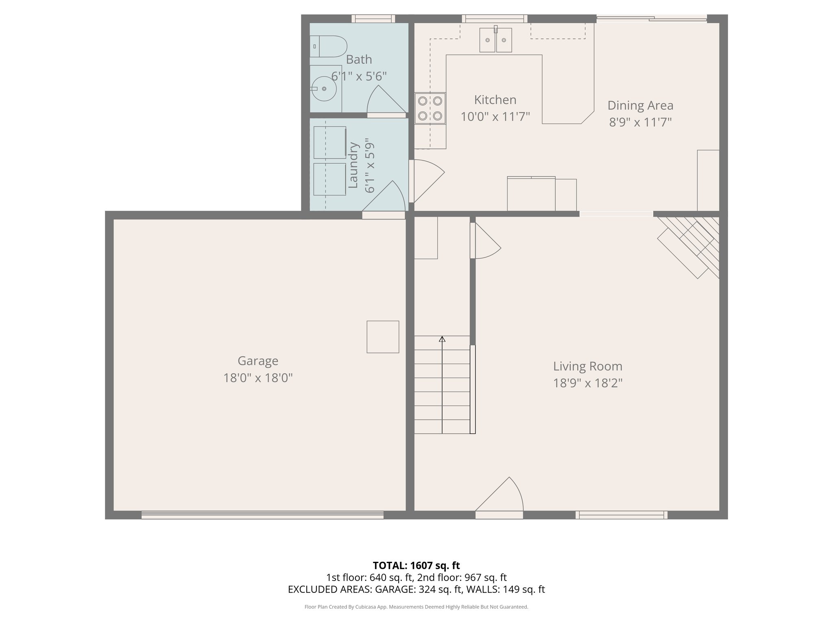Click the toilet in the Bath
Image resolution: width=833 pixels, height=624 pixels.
click(329, 46)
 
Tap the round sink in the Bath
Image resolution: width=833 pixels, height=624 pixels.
click(324, 89)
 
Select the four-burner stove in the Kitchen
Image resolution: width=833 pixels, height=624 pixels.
click(430, 108)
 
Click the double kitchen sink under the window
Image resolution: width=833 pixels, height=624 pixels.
click(495, 40)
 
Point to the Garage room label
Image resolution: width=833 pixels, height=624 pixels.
click(258, 361)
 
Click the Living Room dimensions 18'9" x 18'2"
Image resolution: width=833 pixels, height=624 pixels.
click(587, 383)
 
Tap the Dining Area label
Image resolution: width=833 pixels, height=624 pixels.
click(640, 106)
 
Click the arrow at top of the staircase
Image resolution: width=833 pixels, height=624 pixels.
click(442, 339)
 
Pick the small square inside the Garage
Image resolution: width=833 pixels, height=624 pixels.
click(383, 337)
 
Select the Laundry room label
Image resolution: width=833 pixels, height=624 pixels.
click(353, 165)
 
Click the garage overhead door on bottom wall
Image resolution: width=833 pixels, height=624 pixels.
click(262, 515)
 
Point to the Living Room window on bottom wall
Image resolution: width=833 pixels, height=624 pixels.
click(621, 515)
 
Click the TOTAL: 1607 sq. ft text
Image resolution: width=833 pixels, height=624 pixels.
click(416, 565)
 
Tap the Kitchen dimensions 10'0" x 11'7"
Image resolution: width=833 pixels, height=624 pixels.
click(495, 117)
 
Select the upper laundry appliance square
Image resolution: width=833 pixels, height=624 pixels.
click(329, 142)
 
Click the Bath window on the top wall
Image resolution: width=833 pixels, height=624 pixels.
click(373, 19)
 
